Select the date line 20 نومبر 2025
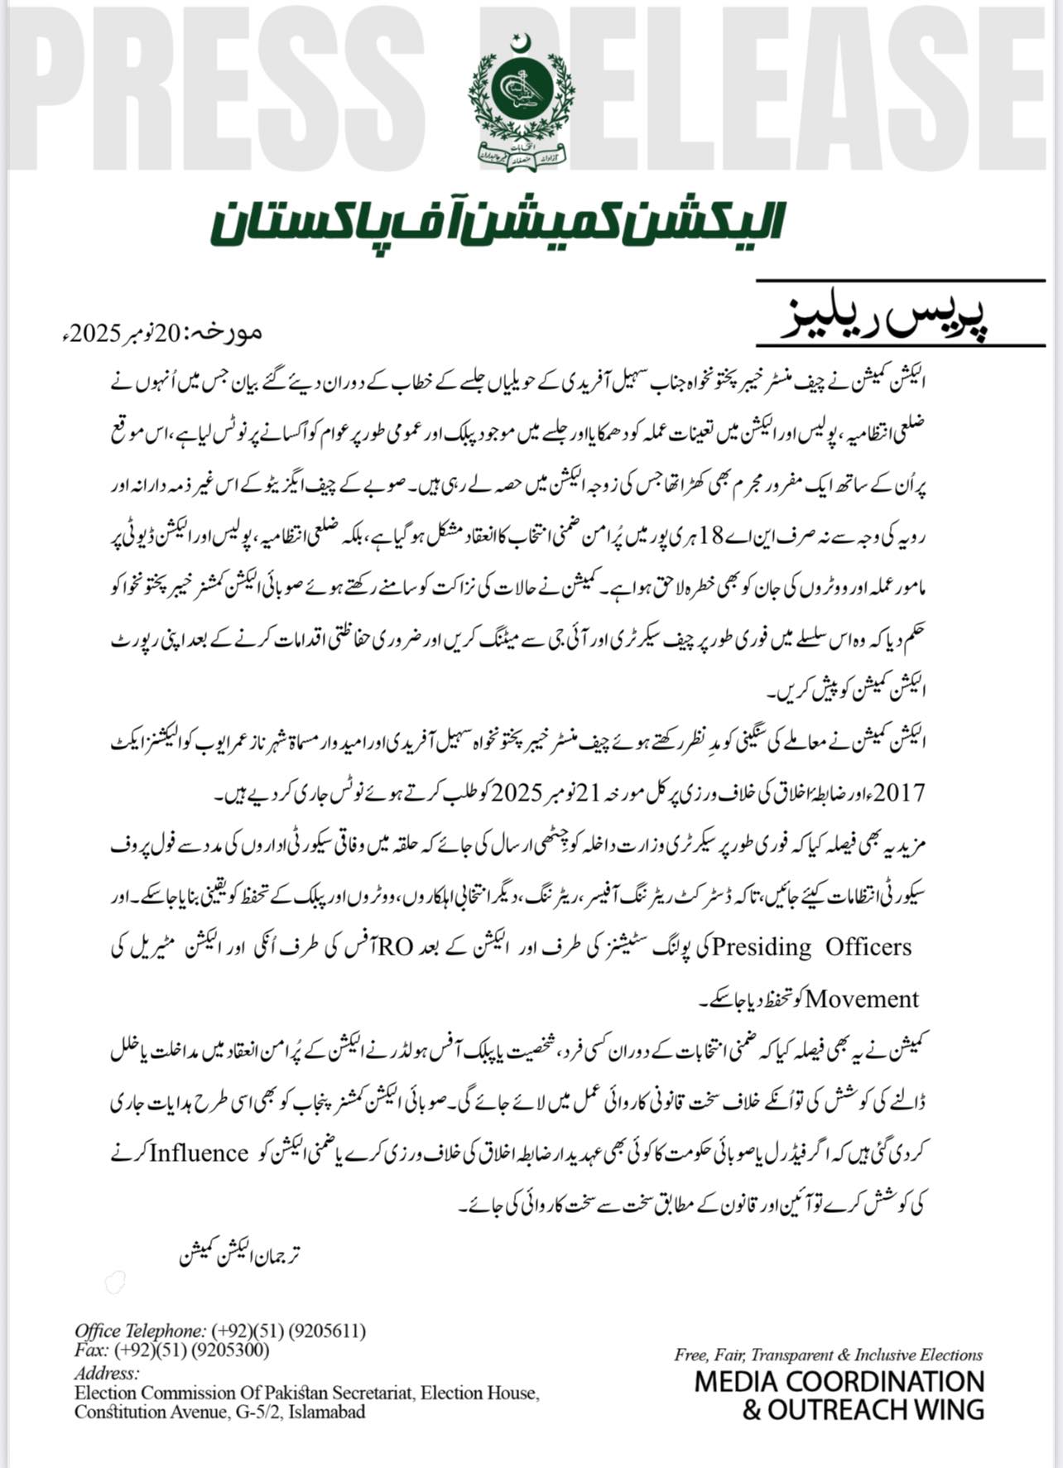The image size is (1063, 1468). click(x=161, y=334)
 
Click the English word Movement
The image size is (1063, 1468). click(x=862, y=999)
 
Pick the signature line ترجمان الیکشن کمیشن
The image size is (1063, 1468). click(x=239, y=1254)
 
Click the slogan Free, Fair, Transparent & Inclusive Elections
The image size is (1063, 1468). click(x=828, y=1355)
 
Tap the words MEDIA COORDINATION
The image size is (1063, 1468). click(x=839, y=1382)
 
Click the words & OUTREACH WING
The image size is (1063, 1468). click(x=862, y=1409)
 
